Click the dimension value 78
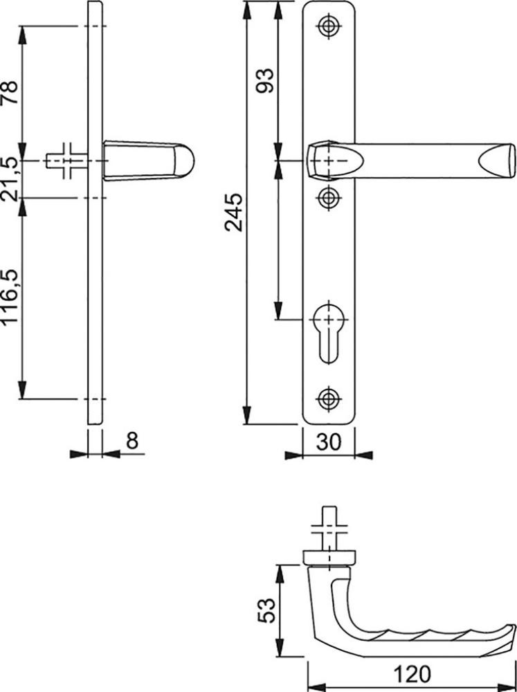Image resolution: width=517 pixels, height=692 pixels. [x=10, y=92]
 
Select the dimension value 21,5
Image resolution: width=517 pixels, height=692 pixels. [x=10, y=179]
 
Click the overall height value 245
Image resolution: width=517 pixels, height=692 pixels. [x=233, y=212]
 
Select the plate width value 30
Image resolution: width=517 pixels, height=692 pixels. [x=329, y=441]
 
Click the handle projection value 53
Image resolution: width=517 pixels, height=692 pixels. [x=266, y=610]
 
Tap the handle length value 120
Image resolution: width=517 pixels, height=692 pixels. [x=412, y=674]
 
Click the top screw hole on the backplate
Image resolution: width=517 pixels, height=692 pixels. [x=328, y=26]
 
